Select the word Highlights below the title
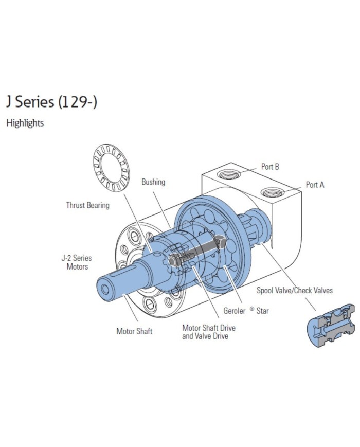click(25, 123)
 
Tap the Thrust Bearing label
click(87, 205)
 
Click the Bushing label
click(153, 182)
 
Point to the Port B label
click(270, 167)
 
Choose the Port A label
click(315, 184)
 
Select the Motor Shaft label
click(134, 331)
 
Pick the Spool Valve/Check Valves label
click(294, 290)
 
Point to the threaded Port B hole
click(229, 174)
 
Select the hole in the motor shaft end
click(105, 290)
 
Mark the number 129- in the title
click(78, 102)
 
